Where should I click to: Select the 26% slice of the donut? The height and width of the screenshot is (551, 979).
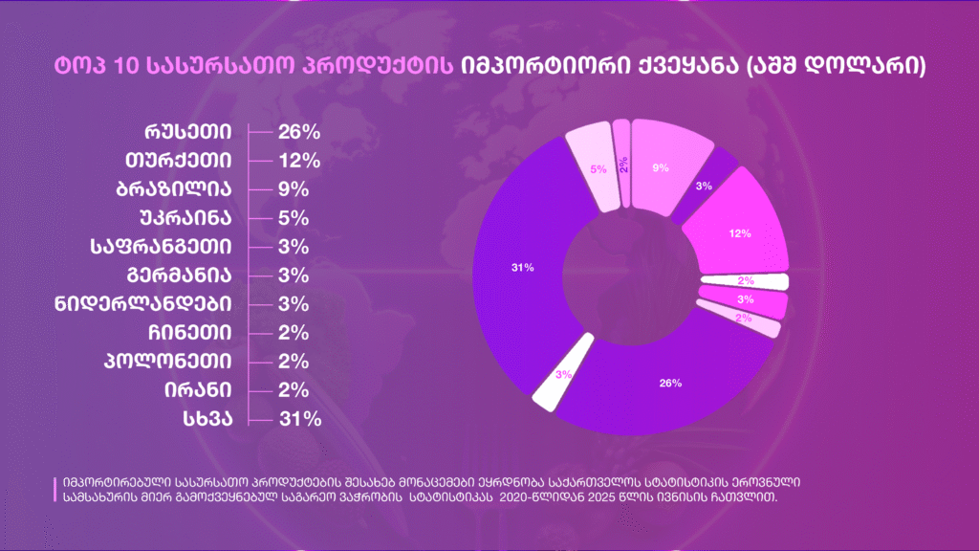pos(670,383)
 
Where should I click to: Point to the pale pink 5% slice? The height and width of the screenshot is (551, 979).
pos(597,169)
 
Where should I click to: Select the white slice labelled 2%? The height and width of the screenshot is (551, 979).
pos(746,281)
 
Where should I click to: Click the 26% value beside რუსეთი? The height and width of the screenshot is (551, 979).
pos(298,132)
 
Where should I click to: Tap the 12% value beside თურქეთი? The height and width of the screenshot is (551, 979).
pos(298,161)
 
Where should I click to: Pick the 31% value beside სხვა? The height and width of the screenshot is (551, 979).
pos(298,419)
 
